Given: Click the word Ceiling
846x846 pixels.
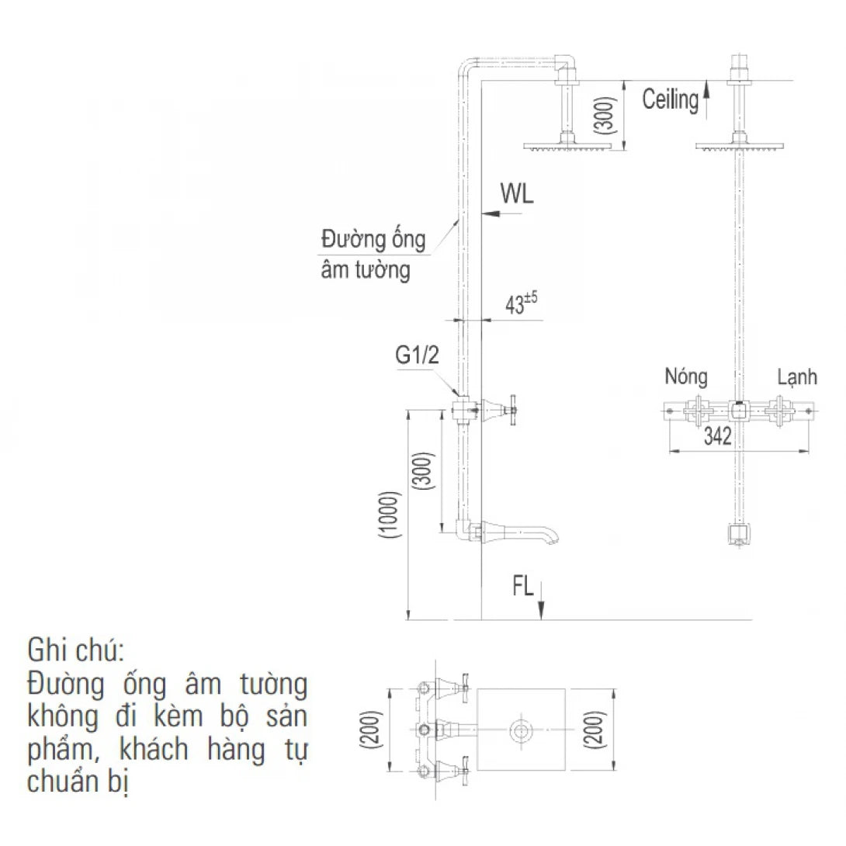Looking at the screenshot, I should point(671,99).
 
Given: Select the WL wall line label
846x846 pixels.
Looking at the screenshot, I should point(517,194).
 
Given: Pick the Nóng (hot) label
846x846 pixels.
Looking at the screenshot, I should point(686,377).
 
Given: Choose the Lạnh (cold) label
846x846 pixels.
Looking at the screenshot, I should point(797,377).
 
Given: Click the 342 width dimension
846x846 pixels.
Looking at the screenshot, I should point(718,437).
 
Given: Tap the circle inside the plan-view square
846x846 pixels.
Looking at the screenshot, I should point(521,730).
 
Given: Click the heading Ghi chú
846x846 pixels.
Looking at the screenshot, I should point(75,648).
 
